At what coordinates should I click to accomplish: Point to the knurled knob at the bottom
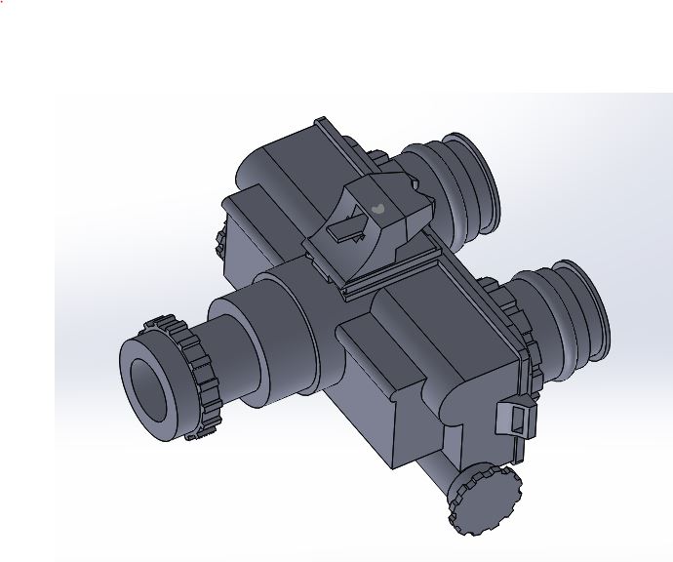pyautogui.click(x=484, y=501)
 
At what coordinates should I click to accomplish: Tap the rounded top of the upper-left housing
pyautogui.click(x=283, y=156)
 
